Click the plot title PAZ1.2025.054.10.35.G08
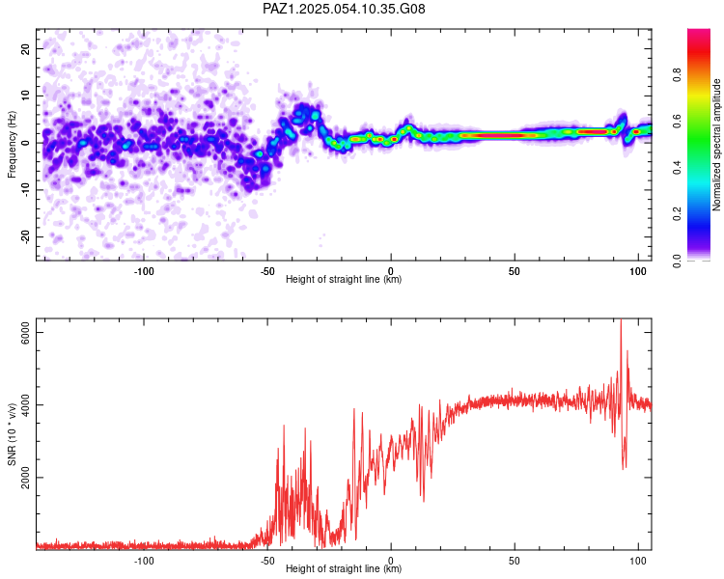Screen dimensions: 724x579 [344, 9]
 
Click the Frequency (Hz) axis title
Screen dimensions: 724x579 [12, 145]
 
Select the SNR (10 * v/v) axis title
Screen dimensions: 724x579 [12, 434]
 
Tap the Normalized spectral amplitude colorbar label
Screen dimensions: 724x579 [716, 145]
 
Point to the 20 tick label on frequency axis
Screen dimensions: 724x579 [25, 48]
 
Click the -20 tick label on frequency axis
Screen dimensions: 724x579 [25, 237]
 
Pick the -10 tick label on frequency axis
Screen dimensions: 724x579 [25, 190]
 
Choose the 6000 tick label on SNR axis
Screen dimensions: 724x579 [25, 332]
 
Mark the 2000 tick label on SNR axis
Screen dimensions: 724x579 [25, 478]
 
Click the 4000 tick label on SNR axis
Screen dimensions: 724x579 [25, 405]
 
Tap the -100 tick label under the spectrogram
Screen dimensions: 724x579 [144, 271]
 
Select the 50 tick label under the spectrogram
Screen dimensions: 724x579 [515, 271]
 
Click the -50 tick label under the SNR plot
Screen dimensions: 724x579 [267, 561]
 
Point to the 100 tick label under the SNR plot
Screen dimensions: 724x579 [638, 561]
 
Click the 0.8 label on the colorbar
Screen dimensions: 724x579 [677, 75]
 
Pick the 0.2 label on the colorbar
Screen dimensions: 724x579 [677, 213]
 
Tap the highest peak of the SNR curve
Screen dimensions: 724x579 [621, 319]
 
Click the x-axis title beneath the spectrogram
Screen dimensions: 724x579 [344, 279]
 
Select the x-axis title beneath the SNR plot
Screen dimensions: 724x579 [344, 568]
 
